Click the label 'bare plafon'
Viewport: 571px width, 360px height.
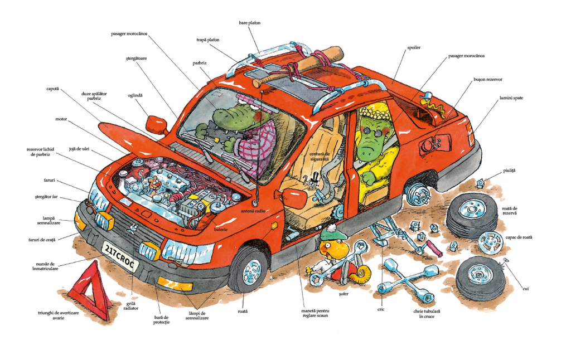click(x=250, y=23)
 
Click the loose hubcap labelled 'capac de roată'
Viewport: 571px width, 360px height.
click(x=490, y=241)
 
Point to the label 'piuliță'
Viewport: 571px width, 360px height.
click(x=508, y=170)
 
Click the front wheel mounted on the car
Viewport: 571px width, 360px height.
click(x=249, y=270)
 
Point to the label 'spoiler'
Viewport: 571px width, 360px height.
click(x=413, y=48)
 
